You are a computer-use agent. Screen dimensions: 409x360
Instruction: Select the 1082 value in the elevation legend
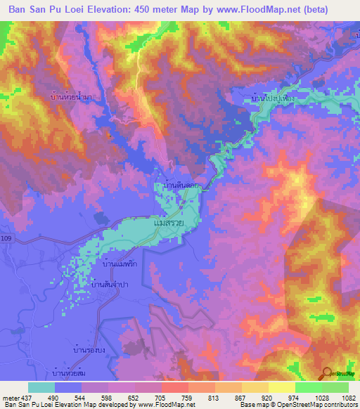[x=348, y=397]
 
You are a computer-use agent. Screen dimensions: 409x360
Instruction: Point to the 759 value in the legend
[x=188, y=397]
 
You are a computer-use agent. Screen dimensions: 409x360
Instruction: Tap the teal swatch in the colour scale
[x=41, y=387]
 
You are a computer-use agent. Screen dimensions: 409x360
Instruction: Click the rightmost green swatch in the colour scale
[x=335, y=387]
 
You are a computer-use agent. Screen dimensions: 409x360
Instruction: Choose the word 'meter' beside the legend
[x=11, y=397]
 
